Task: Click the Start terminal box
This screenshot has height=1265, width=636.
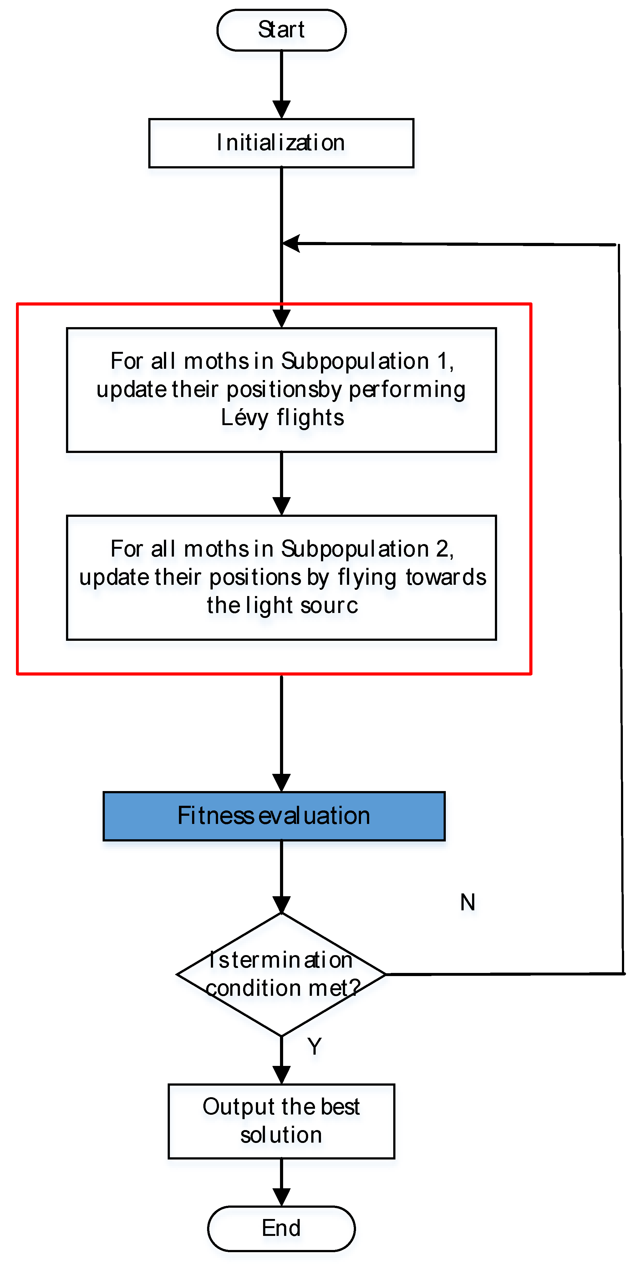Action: coord(281,30)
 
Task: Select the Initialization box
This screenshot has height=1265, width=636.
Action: coord(281,143)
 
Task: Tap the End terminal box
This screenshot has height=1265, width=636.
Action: coord(281,1228)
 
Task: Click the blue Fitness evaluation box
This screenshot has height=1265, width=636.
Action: coord(274,816)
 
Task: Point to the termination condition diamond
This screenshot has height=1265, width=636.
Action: coord(281,974)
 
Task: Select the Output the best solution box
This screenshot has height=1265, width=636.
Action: coord(281,1121)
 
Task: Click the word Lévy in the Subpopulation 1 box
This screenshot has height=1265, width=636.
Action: coord(244,417)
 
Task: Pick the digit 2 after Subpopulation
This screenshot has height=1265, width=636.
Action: coord(442,548)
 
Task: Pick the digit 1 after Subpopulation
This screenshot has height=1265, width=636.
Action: coord(442,361)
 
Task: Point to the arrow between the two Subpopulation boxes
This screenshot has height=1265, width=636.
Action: coord(281,484)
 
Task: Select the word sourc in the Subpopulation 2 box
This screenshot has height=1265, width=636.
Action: coord(329,605)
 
